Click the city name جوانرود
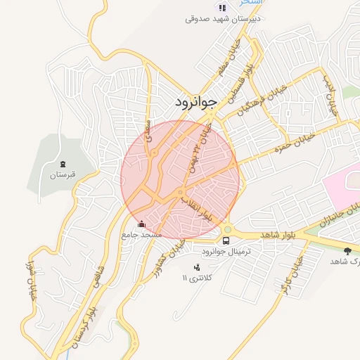198,103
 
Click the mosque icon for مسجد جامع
142,224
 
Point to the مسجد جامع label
142,234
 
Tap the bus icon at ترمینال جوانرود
226,240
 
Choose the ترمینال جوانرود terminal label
226,251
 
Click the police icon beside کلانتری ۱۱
197,267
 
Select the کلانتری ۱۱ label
196,278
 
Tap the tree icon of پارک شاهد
347,250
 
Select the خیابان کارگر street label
291,271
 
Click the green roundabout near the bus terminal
227,229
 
